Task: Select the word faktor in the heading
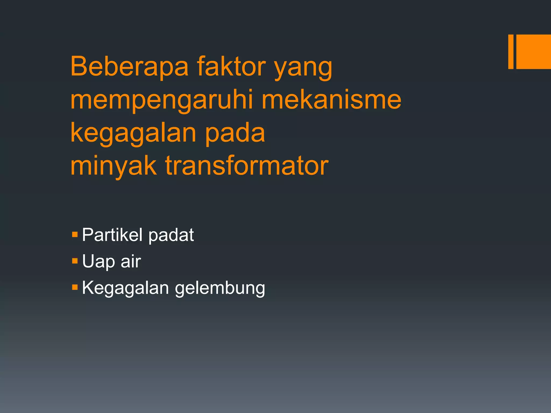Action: [x=231, y=66]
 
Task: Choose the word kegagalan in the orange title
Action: [x=133, y=134]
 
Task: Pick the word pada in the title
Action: [x=235, y=134]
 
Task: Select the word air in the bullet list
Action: [x=131, y=261]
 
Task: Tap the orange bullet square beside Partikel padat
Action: [x=75, y=234]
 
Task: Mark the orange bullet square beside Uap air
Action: [x=75, y=261]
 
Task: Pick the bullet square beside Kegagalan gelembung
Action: [x=75, y=287]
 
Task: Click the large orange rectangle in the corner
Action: [x=534, y=52]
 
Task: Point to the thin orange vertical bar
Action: [x=511, y=52]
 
